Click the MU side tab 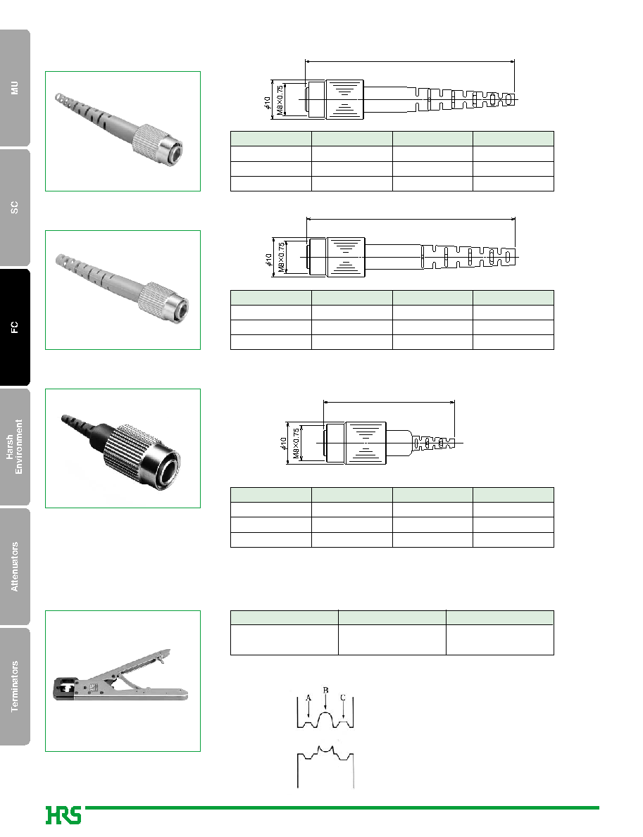tap(15, 88)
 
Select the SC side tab tap(15, 208)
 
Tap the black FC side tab tap(15, 327)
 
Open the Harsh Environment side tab tap(15, 447)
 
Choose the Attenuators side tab tap(15, 567)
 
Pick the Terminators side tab tap(15, 686)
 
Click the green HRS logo tap(63, 815)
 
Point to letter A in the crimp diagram tap(308, 698)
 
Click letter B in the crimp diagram tap(326, 690)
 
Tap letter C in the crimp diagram tap(343, 698)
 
